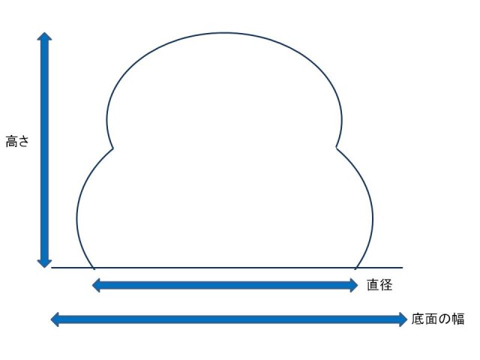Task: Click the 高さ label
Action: coord(16,141)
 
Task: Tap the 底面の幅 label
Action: coord(438,319)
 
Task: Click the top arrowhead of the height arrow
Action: coord(45,36)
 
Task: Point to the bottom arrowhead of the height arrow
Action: coord(45,262)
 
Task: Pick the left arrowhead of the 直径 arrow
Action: coord(96,285)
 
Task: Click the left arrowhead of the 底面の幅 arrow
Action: coord(54,319)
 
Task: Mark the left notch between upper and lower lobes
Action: coord(113,148)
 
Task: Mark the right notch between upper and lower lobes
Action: coord(337,148)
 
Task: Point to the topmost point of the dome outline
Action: coord(225,32)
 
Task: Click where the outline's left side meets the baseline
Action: coord(94,268)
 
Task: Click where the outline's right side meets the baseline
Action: coord(355,268)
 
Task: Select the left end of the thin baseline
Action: coord(51,268)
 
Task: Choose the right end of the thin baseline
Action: coord(403,268)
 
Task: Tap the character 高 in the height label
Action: coord(11,141)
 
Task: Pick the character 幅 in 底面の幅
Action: coord(458,319)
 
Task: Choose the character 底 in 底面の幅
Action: coord(418,319)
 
